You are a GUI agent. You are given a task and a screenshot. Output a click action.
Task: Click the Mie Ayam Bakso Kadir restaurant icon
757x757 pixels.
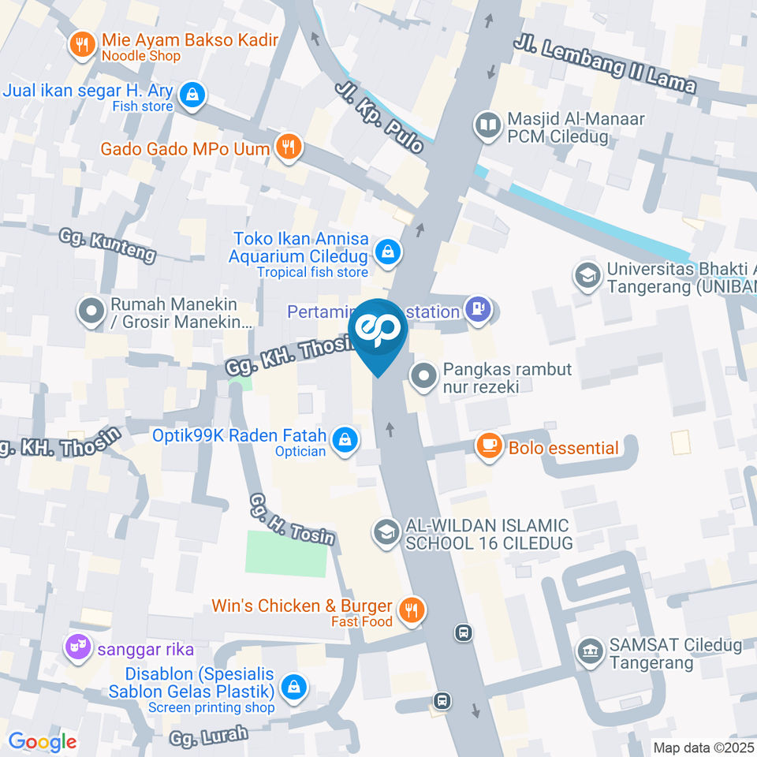tap(82, 47)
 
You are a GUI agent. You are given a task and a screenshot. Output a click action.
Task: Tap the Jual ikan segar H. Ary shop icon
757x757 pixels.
tap(191, 96)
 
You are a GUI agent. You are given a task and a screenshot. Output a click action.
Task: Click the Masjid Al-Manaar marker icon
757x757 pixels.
tap(488, 125)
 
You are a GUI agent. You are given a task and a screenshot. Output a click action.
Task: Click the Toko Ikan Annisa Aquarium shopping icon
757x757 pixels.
tap(387, 253)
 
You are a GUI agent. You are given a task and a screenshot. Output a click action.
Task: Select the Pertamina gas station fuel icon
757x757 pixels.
tap(477, 310)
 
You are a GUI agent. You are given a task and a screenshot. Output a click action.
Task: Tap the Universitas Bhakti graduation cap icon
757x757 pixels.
tap(587, 276)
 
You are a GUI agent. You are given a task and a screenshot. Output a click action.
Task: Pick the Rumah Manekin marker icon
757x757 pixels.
tap(91, 311)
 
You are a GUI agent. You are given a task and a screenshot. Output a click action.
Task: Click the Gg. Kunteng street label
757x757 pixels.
tap(107, 244)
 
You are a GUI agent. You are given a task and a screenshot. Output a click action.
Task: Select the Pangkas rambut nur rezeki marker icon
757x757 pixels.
tap(424, 377)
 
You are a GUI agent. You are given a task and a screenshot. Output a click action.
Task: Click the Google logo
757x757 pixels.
tap(42, 741)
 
